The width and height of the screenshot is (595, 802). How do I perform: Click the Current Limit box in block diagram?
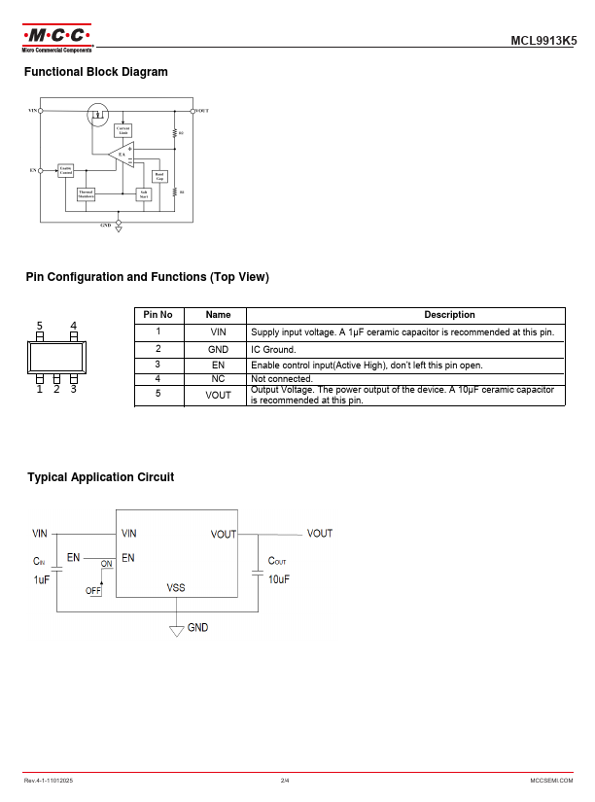pos(123,130)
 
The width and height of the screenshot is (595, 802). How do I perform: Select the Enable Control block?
pos(66,171)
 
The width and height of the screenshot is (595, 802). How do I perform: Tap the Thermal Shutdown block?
pos(87,193)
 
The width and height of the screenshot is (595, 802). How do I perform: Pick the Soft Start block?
pos(143,193)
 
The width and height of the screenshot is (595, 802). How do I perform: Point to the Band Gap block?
pos(159,176)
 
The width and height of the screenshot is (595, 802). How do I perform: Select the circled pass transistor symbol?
pos(97,116)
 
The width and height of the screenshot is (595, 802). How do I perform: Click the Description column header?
pos(449,315)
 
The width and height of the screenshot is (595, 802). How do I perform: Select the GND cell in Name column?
pos(218,349)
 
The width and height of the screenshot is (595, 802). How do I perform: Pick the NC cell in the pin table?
pos(218,378)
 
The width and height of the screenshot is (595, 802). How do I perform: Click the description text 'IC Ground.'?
pos(273,349)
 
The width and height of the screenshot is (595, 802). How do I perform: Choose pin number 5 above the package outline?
pos(40,325)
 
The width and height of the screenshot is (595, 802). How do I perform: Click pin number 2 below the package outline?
pos(56,389)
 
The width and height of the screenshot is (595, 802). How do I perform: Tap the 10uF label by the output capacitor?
pos(278,579)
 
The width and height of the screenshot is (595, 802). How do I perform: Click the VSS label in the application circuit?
pos(176,587)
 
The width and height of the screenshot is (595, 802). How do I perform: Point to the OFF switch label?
pos(93,590)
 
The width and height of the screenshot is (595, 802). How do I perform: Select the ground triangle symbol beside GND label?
pos(176,630)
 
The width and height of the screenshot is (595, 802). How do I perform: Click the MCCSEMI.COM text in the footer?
pos(551,781)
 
